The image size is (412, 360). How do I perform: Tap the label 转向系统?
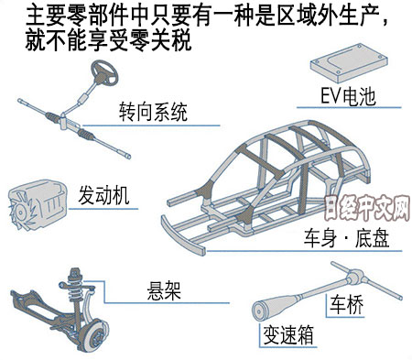153,112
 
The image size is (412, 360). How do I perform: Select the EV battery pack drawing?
349,63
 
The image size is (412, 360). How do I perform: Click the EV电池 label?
348,96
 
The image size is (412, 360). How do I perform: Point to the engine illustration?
38,204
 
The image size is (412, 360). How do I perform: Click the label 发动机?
103,195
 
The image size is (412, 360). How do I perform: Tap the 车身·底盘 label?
346,238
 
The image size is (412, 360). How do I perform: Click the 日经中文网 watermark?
367,208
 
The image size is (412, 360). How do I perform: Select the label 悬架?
164,290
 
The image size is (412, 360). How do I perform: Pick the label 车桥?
347,304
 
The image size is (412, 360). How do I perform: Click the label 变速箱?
288,334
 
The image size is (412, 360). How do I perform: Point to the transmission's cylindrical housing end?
260,311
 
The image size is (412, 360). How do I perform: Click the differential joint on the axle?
353,277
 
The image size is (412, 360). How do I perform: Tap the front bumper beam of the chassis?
182,235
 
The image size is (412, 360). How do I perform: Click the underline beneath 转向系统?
151,125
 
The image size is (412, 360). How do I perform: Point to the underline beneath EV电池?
349,107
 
